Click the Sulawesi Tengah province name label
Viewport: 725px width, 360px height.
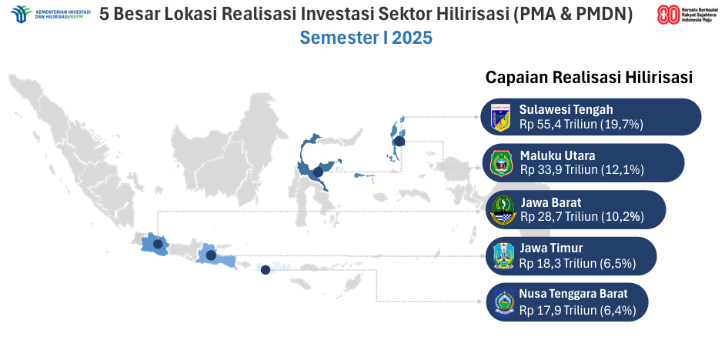coord(566,110)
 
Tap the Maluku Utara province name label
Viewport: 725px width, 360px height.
coord(558,155)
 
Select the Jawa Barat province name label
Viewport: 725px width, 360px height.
coord(551,202)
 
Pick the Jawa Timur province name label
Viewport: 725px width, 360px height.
coord(551,249)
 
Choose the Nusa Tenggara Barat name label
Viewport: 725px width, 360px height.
coord(573,293)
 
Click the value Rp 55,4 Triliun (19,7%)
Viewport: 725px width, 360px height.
coord(581,125)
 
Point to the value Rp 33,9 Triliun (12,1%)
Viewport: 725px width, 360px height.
coord(582,169)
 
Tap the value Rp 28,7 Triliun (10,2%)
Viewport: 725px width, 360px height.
coord(582,216)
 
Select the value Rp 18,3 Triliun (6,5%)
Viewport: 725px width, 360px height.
coord(577,263)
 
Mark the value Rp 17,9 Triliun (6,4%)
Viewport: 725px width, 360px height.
coord(577,310)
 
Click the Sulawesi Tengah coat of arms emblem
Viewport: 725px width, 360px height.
coord(501,118)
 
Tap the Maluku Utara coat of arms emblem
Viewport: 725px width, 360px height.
coord(502,163)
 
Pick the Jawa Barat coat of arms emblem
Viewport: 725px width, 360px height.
coord(503,210)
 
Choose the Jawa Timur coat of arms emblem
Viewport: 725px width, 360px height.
coord(503,256)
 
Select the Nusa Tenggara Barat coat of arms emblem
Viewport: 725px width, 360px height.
coord(504,303)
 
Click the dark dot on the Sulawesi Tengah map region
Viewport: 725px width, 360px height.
coord(318,172)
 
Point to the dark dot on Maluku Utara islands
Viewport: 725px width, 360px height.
coord(399,142)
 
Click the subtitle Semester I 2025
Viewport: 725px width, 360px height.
coord(366,38)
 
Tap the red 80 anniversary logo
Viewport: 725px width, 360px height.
coord(669,15)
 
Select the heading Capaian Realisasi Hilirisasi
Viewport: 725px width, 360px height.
coord(589,77)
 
